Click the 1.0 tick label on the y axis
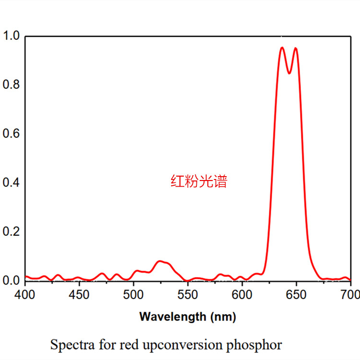tap(11, 36)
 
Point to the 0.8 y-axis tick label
tap(11, 84)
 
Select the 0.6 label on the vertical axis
tap(11, 133)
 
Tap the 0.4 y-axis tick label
tap(11, 182)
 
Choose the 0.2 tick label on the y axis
tap(11, 231)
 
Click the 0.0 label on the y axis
tap(11, 280)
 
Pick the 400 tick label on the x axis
tap(25, 295)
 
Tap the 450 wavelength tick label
tap(79, 295)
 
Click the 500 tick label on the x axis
tap(133, 295)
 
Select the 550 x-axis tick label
tap(188, 295)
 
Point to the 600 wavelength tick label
tap(242, 295)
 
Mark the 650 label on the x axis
tap(296, 295)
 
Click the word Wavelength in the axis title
tap(173, 317)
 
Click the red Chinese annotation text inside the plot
tap(199, 181)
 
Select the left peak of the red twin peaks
tap(282, 48)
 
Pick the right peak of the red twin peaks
tap(296, 48)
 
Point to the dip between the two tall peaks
tap(289, 73)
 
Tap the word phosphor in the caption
tap(254, 346)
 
